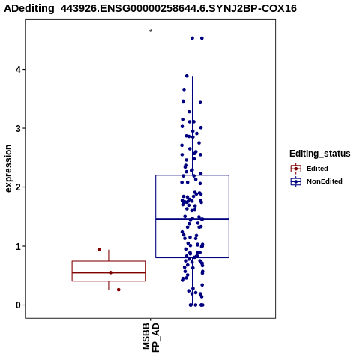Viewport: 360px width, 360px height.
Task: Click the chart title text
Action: click(x=151, y=8)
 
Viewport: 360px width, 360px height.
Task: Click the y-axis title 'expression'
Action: click(x=8, y=169)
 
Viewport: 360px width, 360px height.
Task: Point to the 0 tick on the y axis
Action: click(x=18, y=305)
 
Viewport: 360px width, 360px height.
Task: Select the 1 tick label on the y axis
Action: click(x=18, y=247)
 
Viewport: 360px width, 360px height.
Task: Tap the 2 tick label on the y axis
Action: click(x=18, y=187)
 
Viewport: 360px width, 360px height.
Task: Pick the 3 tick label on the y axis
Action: click(x=18, y=129)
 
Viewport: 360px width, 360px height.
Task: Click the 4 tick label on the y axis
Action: click(x=18, y=70)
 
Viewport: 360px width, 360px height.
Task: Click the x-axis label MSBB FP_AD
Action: click(x=151, y=337)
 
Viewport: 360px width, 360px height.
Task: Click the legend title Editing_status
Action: click(x=320, y=154)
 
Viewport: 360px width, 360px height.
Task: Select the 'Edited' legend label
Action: click(x=317, y=169)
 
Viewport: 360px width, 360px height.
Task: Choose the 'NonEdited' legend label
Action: click(x=325, y=181)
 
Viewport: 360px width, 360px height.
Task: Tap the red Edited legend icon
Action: click(x=296, y=169)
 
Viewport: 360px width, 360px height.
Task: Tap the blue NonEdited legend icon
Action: click(x=296, y=181)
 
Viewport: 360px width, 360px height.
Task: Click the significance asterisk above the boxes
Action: click(x=151, y=31)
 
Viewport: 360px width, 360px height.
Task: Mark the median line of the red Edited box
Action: click(x=109, y=272)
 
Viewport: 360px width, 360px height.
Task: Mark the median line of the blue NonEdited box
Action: click(x=193, y=219)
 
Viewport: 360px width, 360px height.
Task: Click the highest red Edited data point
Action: click(x=99, y=250)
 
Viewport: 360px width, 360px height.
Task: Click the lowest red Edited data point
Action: click(x=118, y=289)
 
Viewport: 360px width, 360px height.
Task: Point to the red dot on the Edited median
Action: click(x=111, y=272)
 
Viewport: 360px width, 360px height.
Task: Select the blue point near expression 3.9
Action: click(x=187, y=76)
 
